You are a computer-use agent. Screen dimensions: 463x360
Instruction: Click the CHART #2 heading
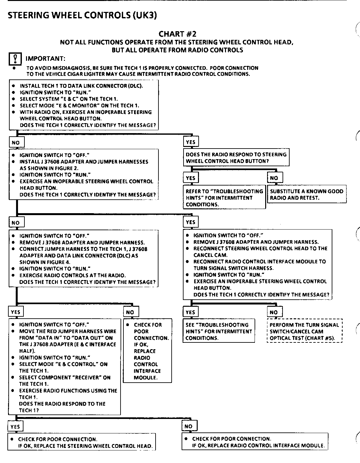point(177,34)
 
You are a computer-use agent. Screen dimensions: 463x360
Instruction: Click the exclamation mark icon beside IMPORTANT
point(15,59)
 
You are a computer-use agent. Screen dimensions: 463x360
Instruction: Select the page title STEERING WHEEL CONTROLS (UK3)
point(82,15)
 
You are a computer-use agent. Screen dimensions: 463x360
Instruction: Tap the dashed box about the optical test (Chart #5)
point(304,331)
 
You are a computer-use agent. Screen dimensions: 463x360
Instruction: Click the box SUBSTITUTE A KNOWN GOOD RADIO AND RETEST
point(307,194)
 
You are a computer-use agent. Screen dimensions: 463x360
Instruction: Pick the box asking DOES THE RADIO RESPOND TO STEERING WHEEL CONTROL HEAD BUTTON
point(236,158)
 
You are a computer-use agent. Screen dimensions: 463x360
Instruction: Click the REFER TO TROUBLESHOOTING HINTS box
point(224,198)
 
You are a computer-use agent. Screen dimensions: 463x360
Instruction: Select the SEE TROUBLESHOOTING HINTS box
point(219,331)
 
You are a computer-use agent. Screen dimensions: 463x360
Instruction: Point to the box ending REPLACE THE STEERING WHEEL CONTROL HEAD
point(82,442)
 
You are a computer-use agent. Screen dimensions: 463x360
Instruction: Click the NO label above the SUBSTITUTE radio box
point(274,178)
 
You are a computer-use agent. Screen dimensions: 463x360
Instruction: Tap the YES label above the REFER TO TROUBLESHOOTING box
point(190,178)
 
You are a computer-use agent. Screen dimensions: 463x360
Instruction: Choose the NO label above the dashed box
point(274,312)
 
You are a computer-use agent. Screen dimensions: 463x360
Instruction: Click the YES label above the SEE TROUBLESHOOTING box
point(190,312)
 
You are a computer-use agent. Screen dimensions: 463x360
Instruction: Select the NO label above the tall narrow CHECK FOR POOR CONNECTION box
point(130,312)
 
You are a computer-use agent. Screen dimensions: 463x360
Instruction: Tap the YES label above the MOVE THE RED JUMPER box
point(15,312)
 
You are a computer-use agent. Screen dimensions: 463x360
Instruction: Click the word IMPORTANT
point(45,59)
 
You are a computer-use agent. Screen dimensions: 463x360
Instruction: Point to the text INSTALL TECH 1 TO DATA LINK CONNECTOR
point(81,86)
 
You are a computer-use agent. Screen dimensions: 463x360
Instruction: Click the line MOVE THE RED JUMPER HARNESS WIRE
point(67,331)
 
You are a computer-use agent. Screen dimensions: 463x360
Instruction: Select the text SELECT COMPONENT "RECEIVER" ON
point(65,377)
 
